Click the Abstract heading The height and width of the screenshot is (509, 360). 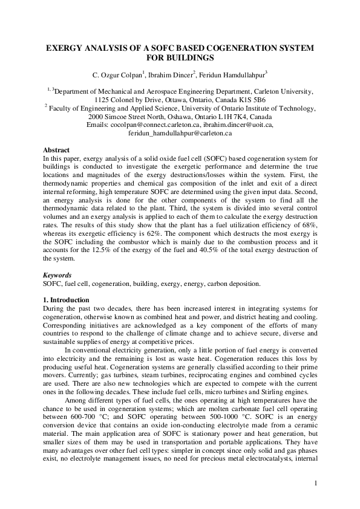tap(56, 150)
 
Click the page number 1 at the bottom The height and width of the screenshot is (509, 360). tap(315, 484)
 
